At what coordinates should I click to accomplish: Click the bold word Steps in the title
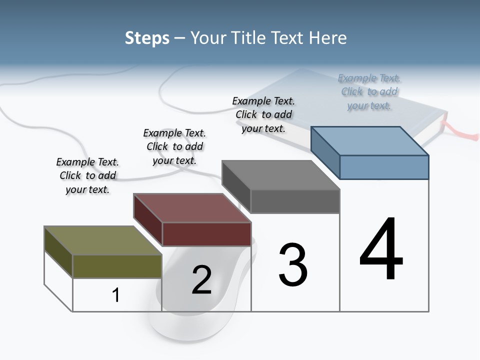147,38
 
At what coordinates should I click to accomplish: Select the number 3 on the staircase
293,264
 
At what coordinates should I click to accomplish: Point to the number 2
202,280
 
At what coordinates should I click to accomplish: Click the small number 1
116,295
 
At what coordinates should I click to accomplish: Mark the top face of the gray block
280,175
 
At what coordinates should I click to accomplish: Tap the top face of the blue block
370,141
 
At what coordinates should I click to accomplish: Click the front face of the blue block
384,167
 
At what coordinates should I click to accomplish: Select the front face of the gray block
295,201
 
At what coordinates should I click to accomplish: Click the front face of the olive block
117,266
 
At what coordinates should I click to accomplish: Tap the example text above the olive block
87,175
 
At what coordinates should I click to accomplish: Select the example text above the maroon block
174,146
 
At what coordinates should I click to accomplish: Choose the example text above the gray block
263,114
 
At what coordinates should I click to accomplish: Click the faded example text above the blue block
369,91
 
